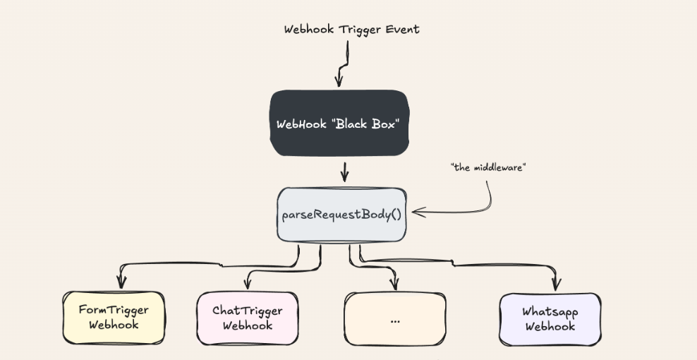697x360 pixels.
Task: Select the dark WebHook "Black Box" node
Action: tap(339, 124)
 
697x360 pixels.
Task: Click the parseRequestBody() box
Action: tap(342, 214)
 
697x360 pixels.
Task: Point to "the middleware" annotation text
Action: tap(488, 168)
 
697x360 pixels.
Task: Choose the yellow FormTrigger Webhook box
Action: tap(114, 318)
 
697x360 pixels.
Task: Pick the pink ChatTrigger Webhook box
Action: tap(248, 318)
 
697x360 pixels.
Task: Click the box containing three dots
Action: tap(394, 318)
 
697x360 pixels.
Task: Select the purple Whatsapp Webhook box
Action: tap(550, 318)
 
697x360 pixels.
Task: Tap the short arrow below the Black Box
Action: tap(344, 172)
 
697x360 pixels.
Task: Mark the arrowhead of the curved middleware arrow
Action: tap(416, 211)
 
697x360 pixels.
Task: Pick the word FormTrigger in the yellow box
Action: tap(114, 310)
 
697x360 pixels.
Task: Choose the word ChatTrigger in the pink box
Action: tap(248, 311)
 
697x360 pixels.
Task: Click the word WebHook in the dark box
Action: tap(301, 124)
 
